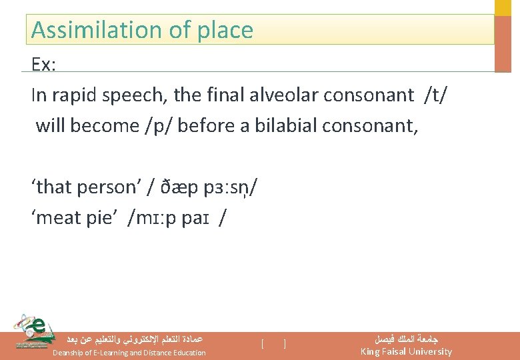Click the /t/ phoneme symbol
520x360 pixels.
tap(435, 95)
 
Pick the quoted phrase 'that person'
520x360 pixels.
tap(83, 187)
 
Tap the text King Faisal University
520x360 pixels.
tap(405, 351)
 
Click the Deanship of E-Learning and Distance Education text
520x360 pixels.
tap(129, 353)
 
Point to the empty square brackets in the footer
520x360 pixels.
tap(274, 344)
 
